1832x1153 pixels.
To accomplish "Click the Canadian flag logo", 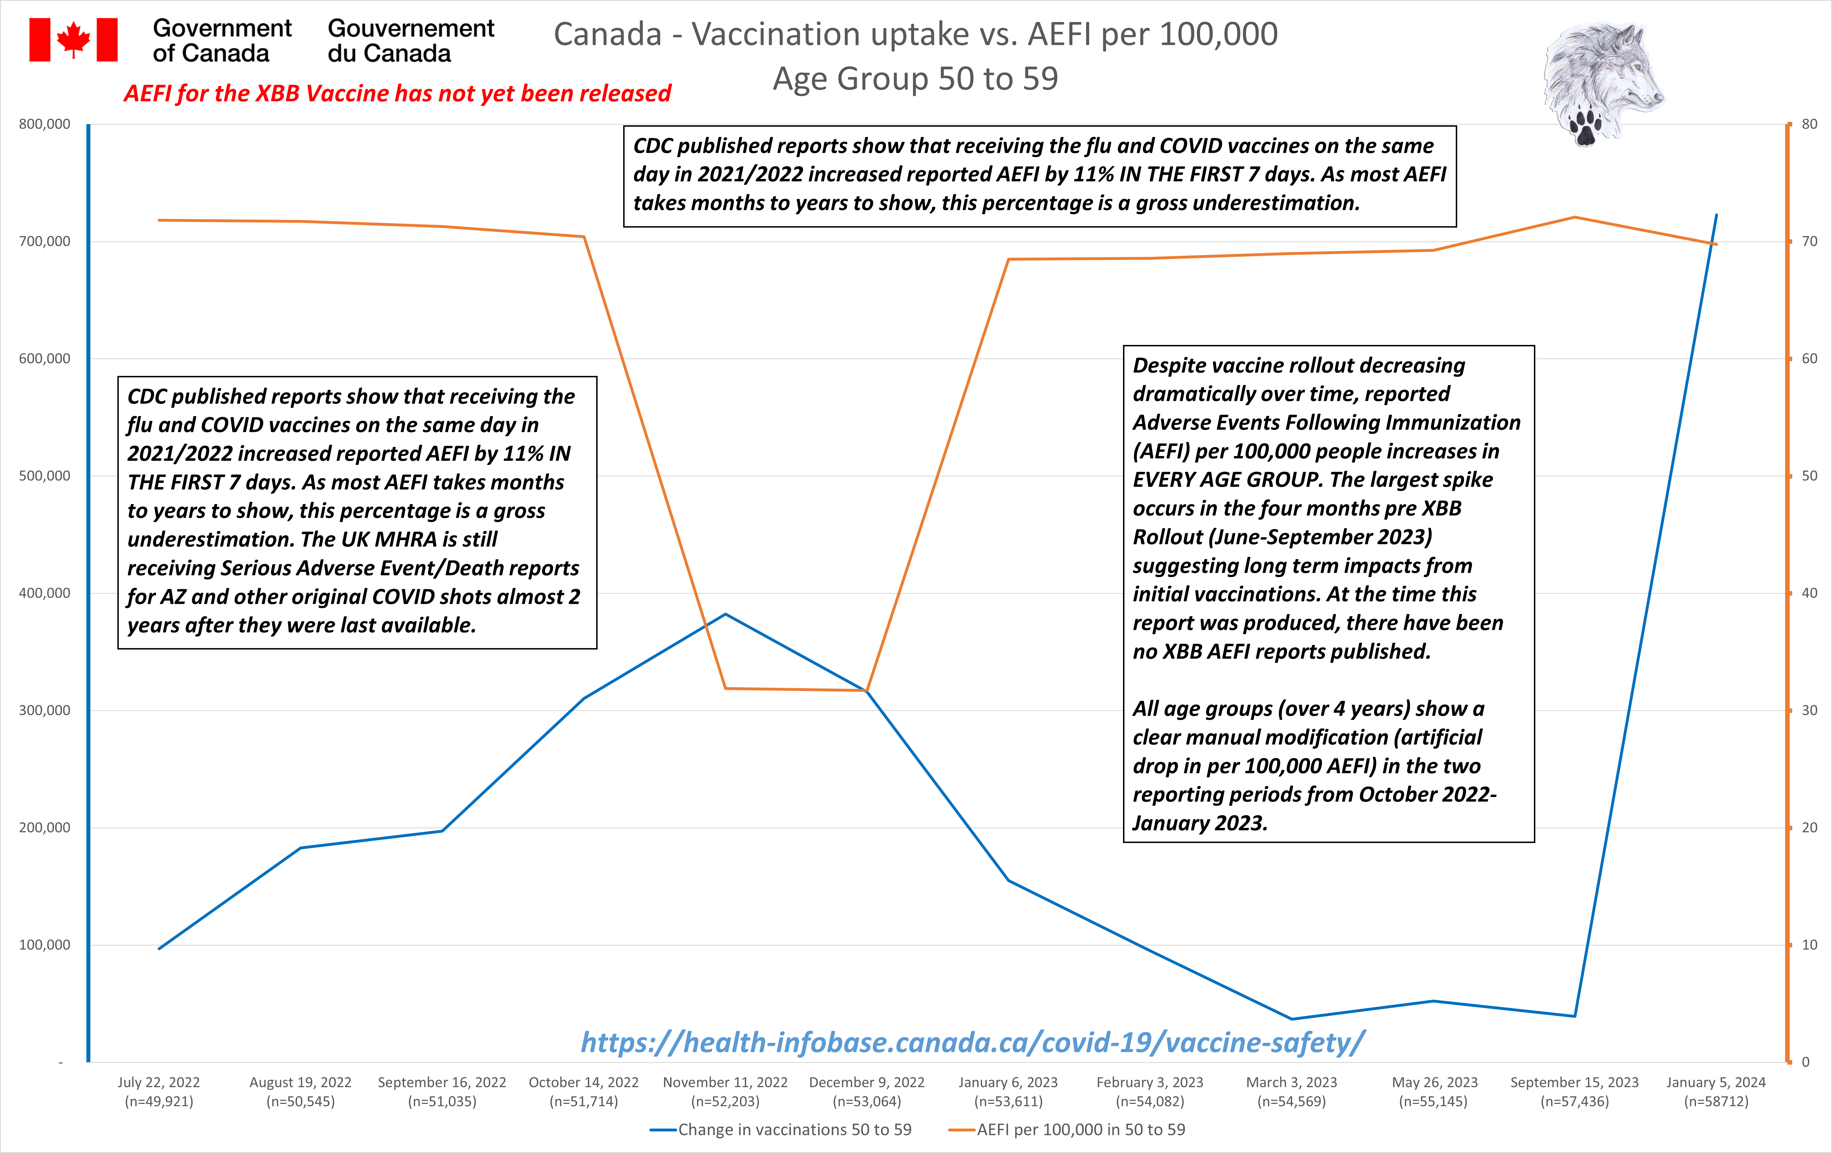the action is [x=73, y=39].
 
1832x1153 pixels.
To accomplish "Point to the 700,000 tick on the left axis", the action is [x=44, y=241].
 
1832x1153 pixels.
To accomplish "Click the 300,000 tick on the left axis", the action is [x=44, y=710].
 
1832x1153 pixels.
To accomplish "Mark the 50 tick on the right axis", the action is [x=1809, y=476].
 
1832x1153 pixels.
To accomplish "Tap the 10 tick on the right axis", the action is [x=1809, y=945].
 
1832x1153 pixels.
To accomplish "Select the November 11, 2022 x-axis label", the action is [x=725, y=1091].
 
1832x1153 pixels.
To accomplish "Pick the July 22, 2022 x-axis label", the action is [x=159, y=1091].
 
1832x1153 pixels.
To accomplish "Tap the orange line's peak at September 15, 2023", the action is [x=1575, y=218].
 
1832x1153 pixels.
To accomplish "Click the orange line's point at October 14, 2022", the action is [x=584, y=236].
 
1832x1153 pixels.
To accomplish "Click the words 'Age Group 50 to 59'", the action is [x=915, y=78].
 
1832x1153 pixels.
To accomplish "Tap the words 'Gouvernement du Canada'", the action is [x=411, y=40].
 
